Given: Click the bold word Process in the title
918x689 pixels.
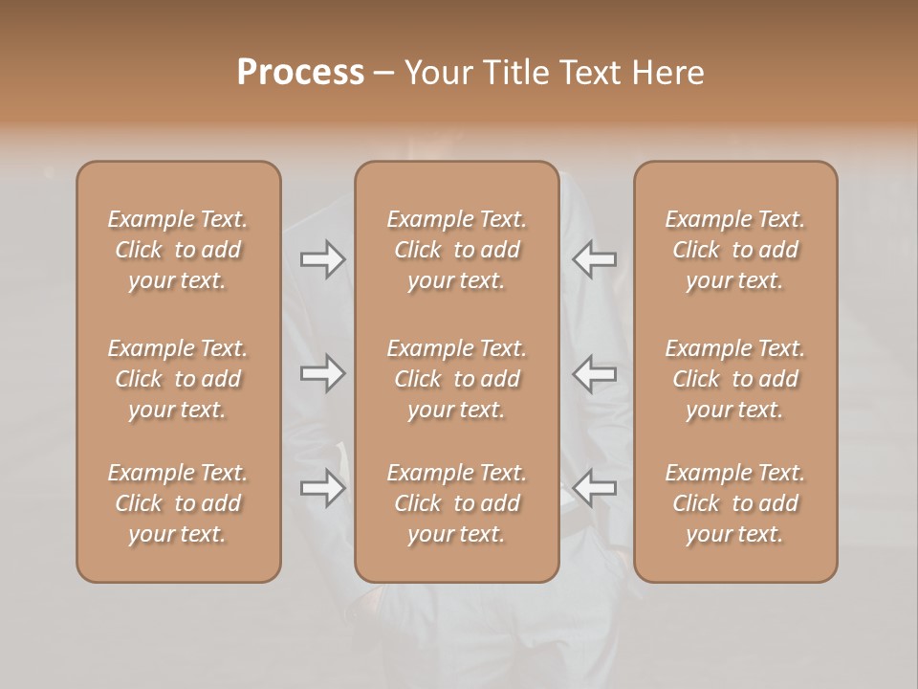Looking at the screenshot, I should click(x=300, y=73).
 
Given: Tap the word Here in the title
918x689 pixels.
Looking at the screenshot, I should click(x=670, y=73).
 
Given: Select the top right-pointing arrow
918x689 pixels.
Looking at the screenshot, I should click(x=322, y=259).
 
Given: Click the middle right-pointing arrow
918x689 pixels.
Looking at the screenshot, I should click(x=322, y=373).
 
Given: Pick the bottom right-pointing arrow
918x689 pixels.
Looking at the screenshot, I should click(x=322, y=487).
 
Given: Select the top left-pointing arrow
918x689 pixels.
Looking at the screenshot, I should click(x=595, y=259).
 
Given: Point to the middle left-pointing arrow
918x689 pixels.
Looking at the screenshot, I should click(x=595, y=373).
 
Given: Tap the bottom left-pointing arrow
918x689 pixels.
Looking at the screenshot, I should click(x=595, y=487).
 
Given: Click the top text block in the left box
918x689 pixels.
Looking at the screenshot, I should click(x=178, y=250).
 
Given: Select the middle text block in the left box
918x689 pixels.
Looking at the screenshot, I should click(x=178, y=379).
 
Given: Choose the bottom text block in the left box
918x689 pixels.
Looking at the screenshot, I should click(x=178, y=503).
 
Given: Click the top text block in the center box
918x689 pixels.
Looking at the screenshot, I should click(x=456, y=250).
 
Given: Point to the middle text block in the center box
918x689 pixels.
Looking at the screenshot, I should click(x=456, y=379).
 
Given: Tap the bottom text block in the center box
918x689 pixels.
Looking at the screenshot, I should click(x=456, y=503).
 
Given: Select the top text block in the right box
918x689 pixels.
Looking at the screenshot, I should click(x=735, y=250).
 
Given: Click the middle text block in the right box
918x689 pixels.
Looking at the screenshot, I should click(x=735, y=379).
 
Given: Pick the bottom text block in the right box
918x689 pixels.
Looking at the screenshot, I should click(x=735, y=503).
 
